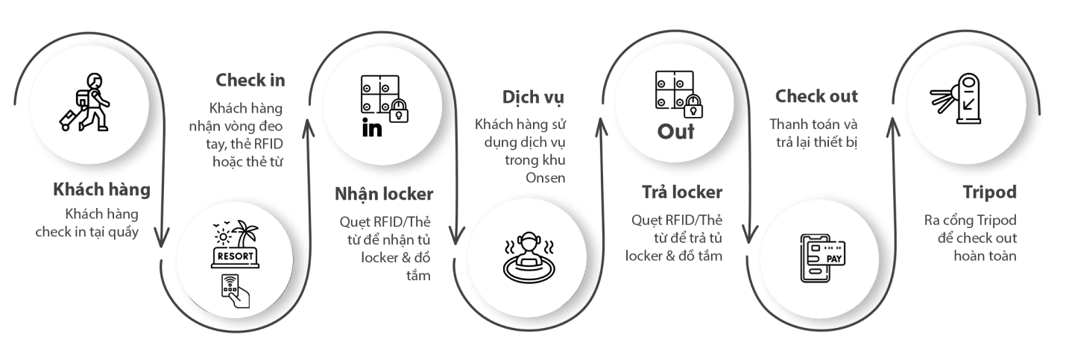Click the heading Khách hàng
(101, 190)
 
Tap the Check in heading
(250, 80)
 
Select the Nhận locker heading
(384, 194)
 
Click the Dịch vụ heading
(533, 98)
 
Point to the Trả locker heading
(682, 192)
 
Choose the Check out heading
(816, 96)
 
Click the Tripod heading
(989, 192)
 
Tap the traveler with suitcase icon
(85, 102)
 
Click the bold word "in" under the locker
(372, 128)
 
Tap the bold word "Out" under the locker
(675, 131)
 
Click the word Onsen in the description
(545, 178)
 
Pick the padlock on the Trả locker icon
(693, 106)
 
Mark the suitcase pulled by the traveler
(68, 120)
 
